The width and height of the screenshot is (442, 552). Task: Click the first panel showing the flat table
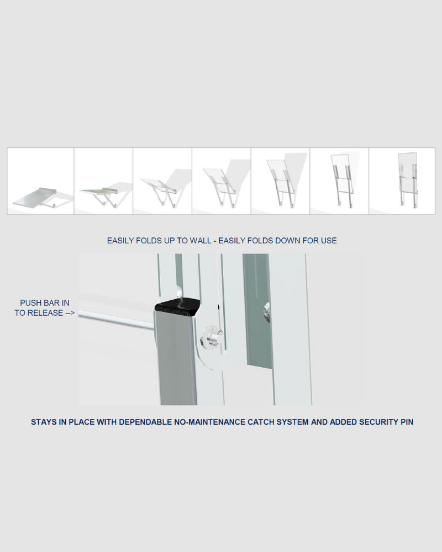(40, 181)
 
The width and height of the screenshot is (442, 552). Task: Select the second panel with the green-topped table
(103, 181)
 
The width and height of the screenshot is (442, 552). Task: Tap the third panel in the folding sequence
(162, 181)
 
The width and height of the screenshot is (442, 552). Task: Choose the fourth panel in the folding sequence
(222, 181)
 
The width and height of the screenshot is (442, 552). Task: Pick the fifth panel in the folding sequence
(280, 181)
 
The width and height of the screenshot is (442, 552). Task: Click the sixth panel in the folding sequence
(339, 181)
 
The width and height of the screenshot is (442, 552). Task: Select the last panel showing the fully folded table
(402, 181)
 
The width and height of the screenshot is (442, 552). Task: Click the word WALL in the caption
(200, 241)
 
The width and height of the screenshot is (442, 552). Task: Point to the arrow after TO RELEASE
(70, 312)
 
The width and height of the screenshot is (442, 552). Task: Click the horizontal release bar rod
(117, 320)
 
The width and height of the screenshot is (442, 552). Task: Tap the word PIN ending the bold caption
(407, 422)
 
